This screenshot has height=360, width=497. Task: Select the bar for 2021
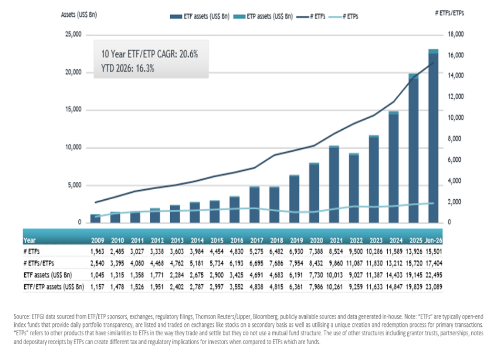tap(334, 184)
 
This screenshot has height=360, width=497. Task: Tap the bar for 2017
tap(254, 204)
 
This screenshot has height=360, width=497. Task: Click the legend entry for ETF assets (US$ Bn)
tap(200, 16)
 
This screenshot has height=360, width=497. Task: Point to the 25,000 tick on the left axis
tap(73, 34)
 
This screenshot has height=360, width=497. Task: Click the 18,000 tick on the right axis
tap(456, 34)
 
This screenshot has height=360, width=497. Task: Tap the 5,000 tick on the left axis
tap(75, 185)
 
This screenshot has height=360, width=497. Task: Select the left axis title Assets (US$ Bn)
tap(79, 15)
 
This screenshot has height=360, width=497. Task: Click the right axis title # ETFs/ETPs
tap(450, 13)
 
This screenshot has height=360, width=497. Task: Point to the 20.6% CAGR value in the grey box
tap(189, 54)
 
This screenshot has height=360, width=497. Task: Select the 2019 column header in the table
tap(296, 240)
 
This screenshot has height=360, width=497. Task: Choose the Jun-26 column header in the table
tap(433, 240)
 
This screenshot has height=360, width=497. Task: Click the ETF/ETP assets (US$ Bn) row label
tap(54, 287)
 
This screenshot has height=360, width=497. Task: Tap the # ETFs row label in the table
tap(32, 252)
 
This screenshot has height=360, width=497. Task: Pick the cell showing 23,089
tap(434, 287)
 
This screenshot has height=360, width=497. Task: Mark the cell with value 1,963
tap(97, 252)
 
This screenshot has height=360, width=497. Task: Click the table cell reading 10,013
tap(335, 275)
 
